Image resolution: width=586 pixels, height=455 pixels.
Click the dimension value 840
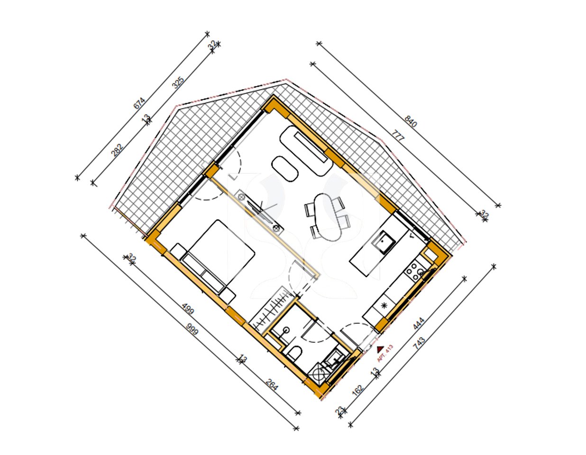[x=411, y=121]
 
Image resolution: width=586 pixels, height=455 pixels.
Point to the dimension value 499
[x=188, y=310]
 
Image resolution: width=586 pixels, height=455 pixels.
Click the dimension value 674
[x=139, y=103]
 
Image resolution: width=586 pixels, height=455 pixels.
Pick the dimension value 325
[x=178, y=83]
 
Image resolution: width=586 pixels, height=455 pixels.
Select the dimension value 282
[x=117, y=149]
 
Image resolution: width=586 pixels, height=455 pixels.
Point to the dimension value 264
[x=272, y=385]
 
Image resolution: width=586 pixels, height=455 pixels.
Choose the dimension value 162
[x=358, y=390]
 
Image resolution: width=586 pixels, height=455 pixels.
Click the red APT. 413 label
[x=385, y=353]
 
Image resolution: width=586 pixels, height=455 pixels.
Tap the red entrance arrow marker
[x=380, y=349]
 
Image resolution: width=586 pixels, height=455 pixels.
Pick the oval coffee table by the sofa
[x=285, y=168]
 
